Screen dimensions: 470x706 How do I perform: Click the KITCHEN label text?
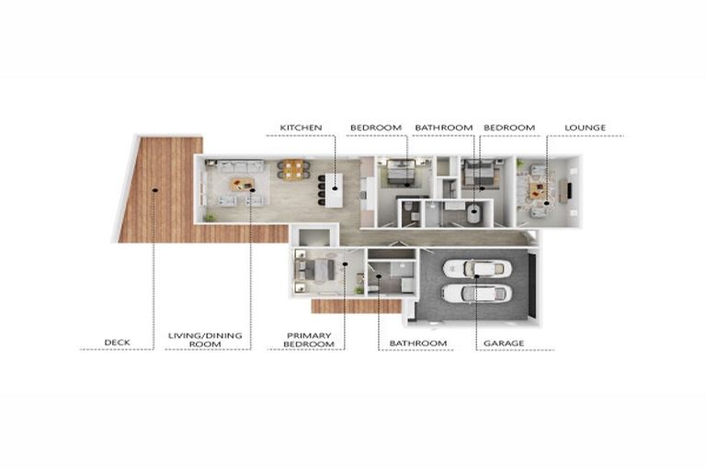tap(299, 127)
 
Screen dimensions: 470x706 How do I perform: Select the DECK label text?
tap(117, 342)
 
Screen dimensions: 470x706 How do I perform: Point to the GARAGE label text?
tap(505, 342)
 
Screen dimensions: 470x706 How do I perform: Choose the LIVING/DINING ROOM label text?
tap(205, 339)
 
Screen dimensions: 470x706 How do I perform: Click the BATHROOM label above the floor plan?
tap(443, 127)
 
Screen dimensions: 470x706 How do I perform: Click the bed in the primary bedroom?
tap(317, 271)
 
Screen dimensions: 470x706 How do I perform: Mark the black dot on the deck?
tap(155, 189)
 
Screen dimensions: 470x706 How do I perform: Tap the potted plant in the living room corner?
tap(211, 217)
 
